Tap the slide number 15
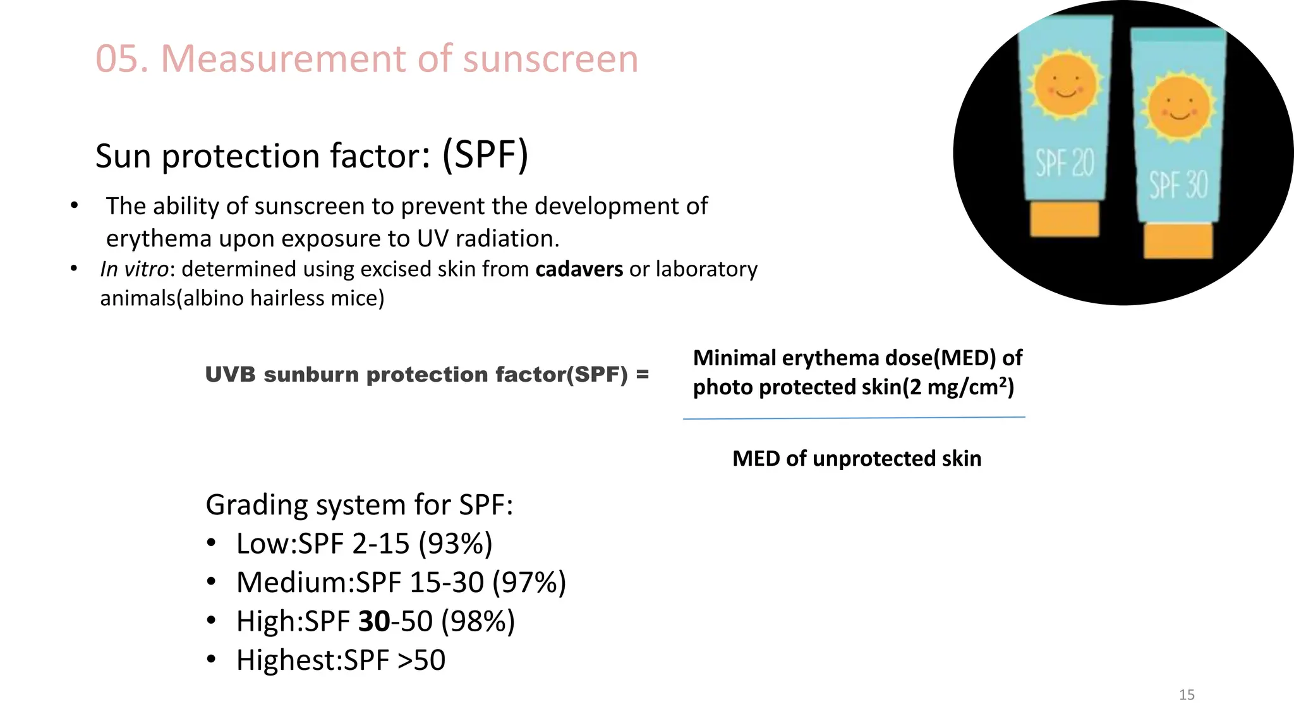tap(1187, 695)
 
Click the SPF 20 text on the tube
tap(1065, 163)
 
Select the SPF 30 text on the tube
tap(1178, 185)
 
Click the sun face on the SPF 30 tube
tap(1179, 107)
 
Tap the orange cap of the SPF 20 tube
tap(1065, 219)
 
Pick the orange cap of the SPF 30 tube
tap(1178, 240)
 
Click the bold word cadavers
tap(579, 269)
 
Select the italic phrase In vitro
tap(134, 269)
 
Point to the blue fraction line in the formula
tap(854, 418)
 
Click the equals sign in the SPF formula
tap(642, 374)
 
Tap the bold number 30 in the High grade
tap(374, 621)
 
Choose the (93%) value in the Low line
tap(455, 543)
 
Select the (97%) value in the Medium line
tap(529, 582)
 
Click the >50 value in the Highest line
tap(421, 660)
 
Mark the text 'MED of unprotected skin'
tap(857, 458)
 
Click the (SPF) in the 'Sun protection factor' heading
tap(485, 155)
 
